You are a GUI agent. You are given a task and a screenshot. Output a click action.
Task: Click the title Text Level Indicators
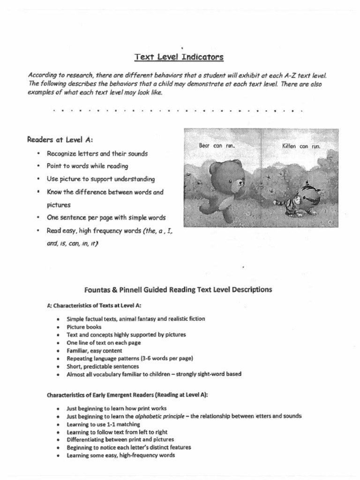point(179,57)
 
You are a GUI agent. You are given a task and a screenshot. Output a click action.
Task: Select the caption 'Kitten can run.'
point(300,146)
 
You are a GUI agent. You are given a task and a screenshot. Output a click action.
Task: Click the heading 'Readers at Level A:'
point(60,139)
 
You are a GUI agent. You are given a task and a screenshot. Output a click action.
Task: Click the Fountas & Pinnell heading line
point(178,290)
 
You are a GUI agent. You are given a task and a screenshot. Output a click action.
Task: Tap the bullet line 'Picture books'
point(84,327)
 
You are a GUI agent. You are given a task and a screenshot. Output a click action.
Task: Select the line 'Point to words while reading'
point(87,166)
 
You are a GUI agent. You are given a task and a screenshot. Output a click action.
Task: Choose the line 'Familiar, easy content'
point(94,351)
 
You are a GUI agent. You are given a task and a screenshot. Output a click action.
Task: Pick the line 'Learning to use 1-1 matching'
point(103,424)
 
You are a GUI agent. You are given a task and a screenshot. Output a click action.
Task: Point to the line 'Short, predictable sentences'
point(103,367)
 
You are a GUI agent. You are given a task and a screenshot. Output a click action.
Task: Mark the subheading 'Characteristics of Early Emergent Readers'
point(127,395)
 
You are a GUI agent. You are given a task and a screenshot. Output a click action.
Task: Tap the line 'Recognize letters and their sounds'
point(97,153)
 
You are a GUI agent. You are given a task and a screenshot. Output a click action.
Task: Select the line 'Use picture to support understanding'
point(100,179)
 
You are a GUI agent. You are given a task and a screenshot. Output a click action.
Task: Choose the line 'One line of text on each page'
point(104,343)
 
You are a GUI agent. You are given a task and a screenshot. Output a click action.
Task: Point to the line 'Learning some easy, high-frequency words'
point(120,456)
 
